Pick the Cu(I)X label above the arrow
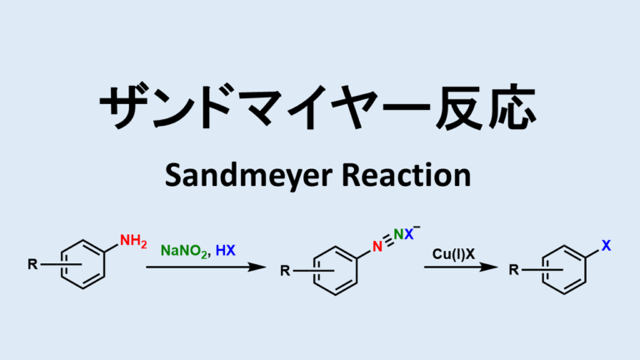[454, 252]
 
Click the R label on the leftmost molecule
[32, 266]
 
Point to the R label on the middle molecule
[283, 271]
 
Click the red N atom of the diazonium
[376, 247]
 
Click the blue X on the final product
[606, 247]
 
